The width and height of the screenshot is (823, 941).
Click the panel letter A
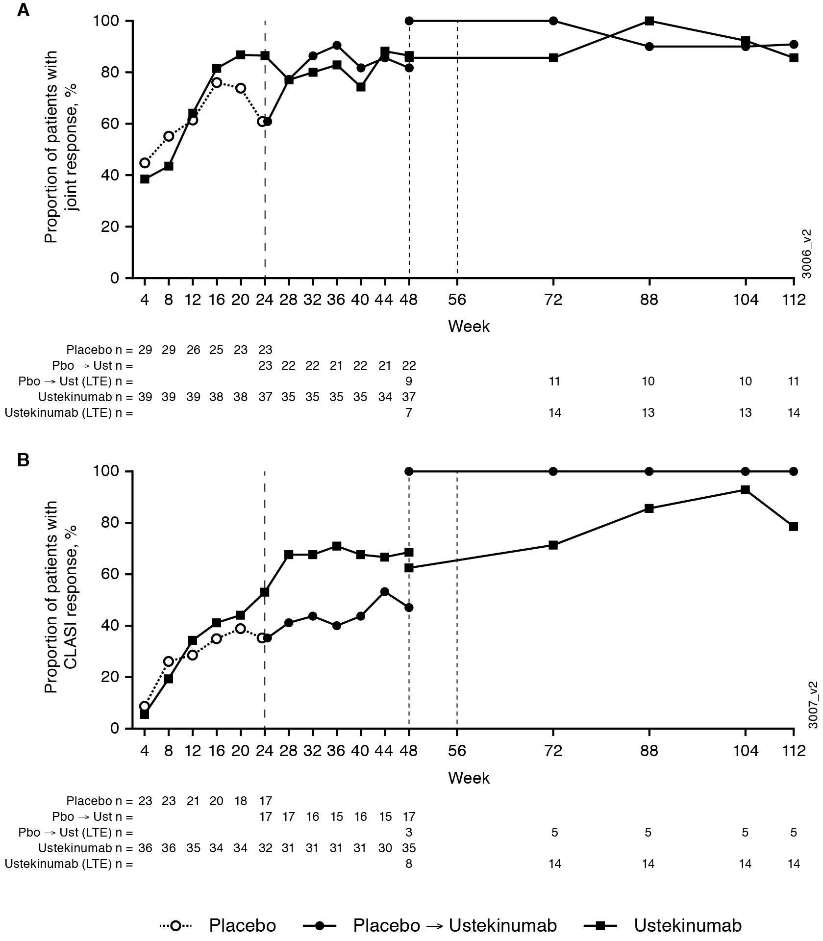pos(23,11)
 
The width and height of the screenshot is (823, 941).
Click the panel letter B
pos(23,461)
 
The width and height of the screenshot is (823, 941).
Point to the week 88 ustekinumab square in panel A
pos(649,21)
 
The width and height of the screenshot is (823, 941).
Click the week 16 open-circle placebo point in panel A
pos(217,82)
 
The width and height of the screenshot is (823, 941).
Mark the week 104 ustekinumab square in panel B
pos(746,489)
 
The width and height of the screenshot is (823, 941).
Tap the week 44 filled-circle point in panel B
pos(385,591)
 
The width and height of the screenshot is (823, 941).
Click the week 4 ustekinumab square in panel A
pos(145,179)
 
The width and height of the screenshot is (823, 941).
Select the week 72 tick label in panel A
pos(553,300)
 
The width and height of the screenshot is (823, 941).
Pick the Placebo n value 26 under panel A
pos(193,350)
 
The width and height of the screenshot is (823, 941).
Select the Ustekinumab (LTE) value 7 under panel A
pos(409,413)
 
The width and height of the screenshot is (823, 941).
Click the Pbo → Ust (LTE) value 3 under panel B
pos(409,832)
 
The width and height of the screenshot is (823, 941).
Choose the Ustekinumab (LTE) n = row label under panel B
pos(69,864)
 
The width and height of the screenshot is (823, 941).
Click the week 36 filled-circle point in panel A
pos(337,45)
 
